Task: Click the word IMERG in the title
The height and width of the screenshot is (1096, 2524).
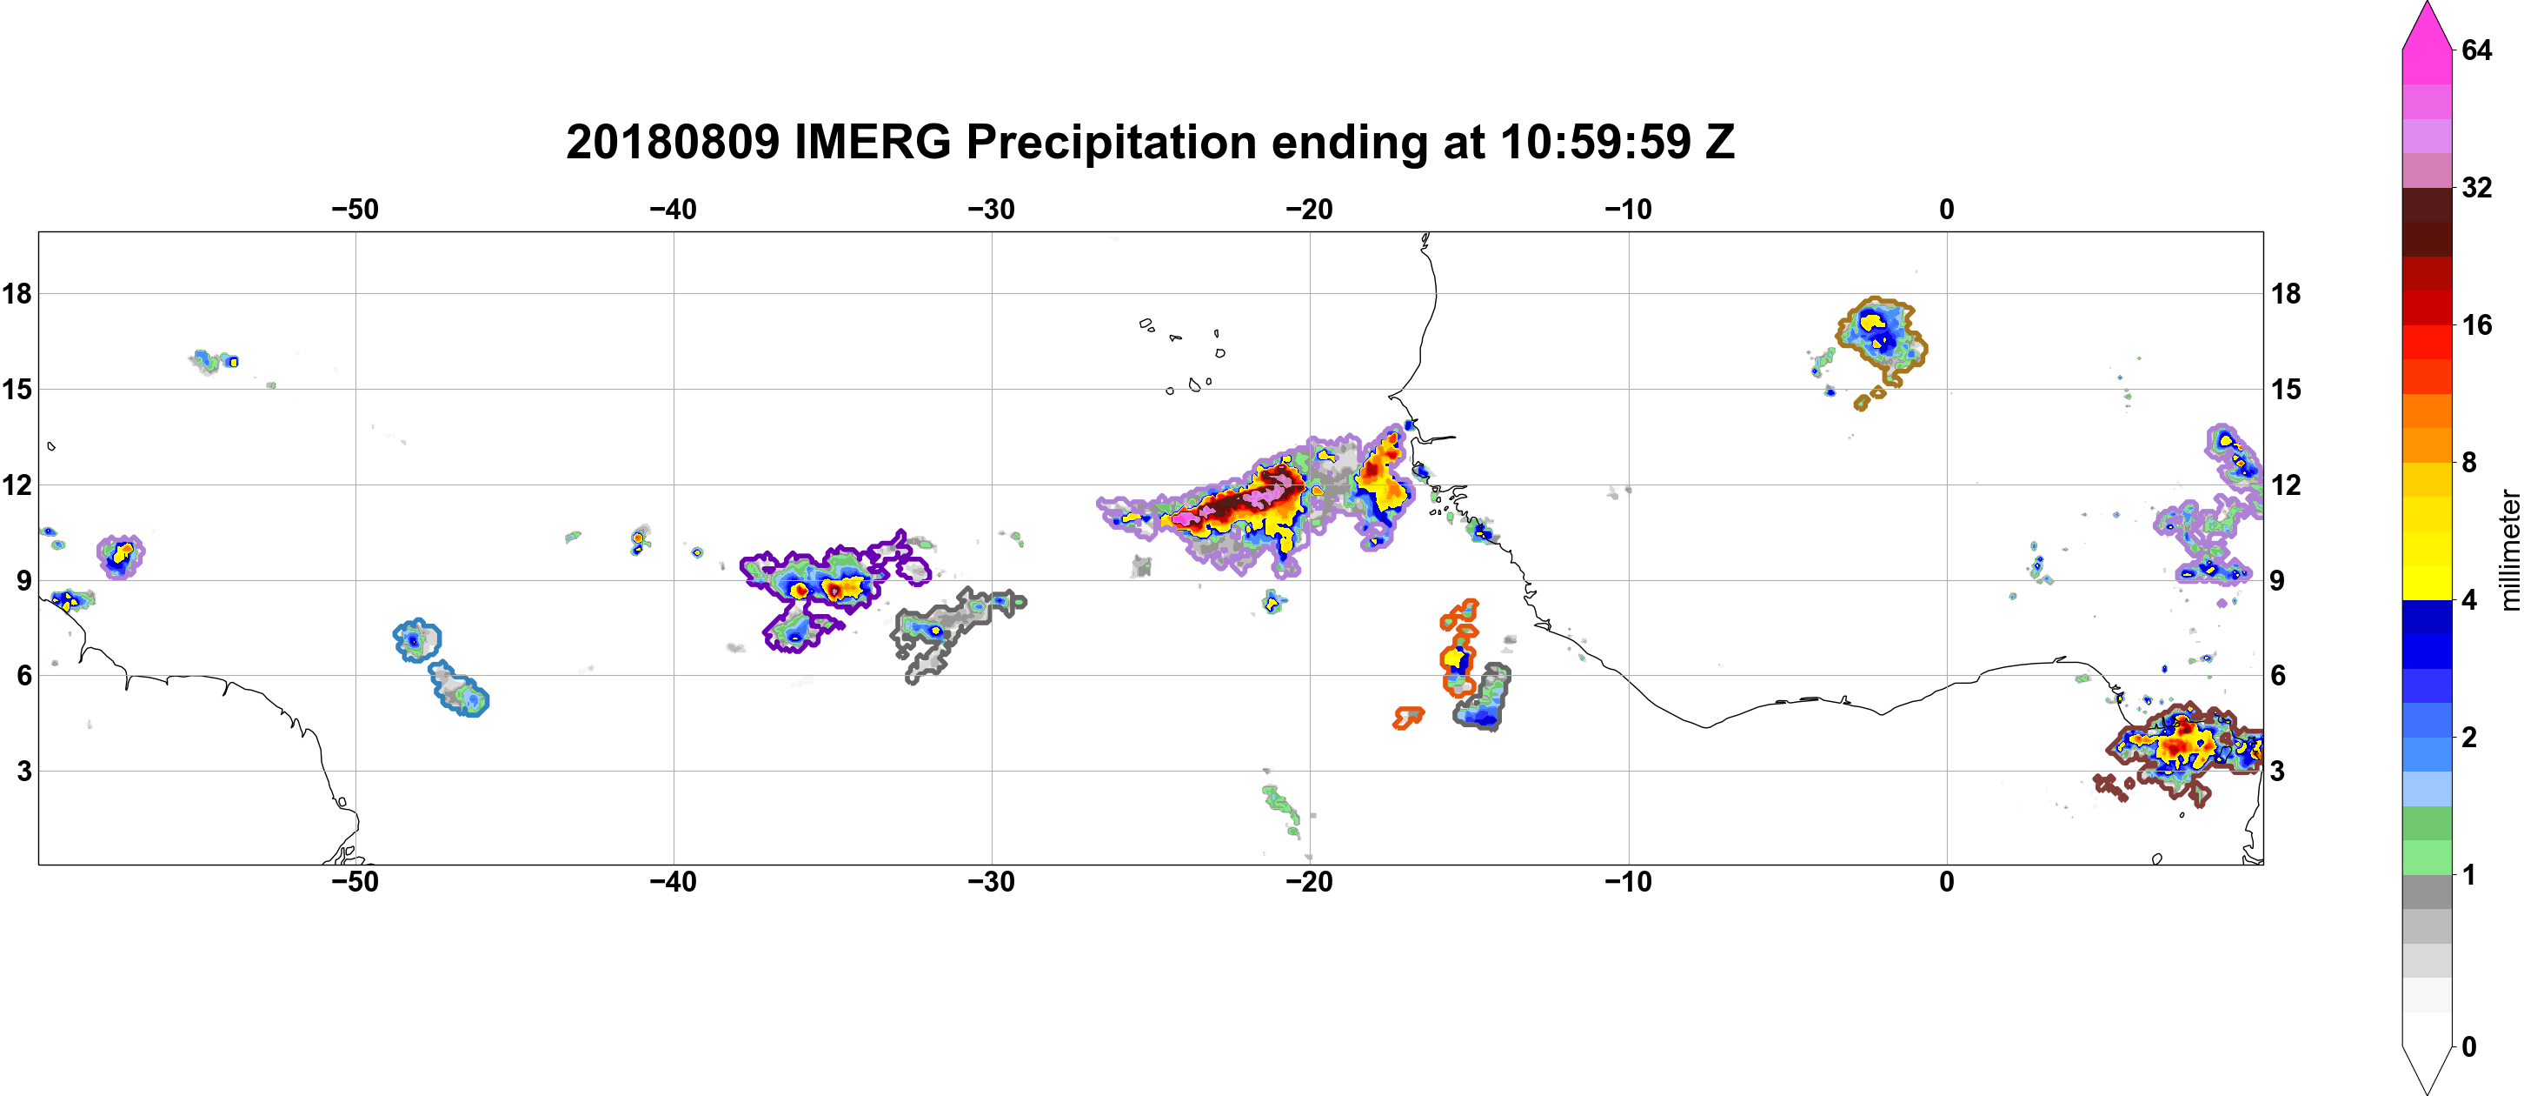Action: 872,142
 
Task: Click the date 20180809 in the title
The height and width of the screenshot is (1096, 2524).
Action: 672,142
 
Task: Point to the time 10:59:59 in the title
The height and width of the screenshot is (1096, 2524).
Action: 1595,142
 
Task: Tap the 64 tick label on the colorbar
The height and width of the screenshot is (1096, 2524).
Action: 2477,50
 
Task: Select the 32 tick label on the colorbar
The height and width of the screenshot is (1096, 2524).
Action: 2477,187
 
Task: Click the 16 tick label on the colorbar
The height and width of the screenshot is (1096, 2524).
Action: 2477,324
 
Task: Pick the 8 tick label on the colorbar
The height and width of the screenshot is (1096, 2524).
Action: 2469,462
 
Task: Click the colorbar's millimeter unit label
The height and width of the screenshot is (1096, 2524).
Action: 2510,550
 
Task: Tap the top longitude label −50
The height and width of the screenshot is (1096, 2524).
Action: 355,209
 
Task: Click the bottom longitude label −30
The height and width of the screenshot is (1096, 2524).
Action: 992,881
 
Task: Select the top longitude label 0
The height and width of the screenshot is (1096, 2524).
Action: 1946,209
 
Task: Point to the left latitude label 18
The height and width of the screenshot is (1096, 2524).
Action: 17,293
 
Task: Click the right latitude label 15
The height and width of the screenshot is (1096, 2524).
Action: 2287,389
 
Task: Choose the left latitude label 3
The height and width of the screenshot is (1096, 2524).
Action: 24,771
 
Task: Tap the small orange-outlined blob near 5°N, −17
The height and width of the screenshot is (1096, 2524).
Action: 1409,718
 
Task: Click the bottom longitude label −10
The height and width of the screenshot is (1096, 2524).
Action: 1629,881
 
